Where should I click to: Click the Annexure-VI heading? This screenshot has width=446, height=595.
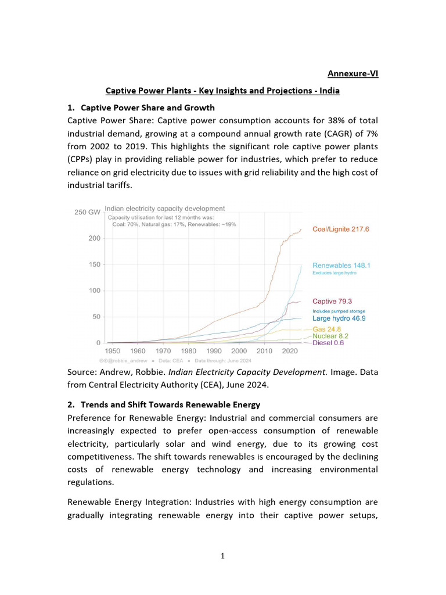(353, 74)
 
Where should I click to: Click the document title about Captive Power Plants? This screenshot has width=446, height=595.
(222, 91)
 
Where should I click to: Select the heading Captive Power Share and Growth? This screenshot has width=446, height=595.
(148, 107)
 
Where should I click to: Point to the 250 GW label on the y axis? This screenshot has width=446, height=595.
(87, 212)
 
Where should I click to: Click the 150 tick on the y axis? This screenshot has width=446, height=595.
(93, 264)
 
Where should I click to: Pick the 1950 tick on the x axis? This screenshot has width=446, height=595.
(113, 352)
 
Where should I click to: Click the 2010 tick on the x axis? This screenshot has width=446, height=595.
(264, 352)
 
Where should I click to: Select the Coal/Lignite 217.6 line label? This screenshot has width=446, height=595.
(340, 229)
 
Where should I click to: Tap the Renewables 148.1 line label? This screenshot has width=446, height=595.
(341, 266)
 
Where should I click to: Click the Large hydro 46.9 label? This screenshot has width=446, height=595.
(339, 318)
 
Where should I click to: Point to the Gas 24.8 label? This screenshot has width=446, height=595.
(326, 329)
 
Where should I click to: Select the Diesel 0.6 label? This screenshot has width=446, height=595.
(328, 343)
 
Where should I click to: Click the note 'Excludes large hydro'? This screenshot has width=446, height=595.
(334, 273)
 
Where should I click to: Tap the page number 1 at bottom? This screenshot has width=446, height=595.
(222, 556)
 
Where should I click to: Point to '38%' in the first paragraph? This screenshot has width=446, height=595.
(313, 120)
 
